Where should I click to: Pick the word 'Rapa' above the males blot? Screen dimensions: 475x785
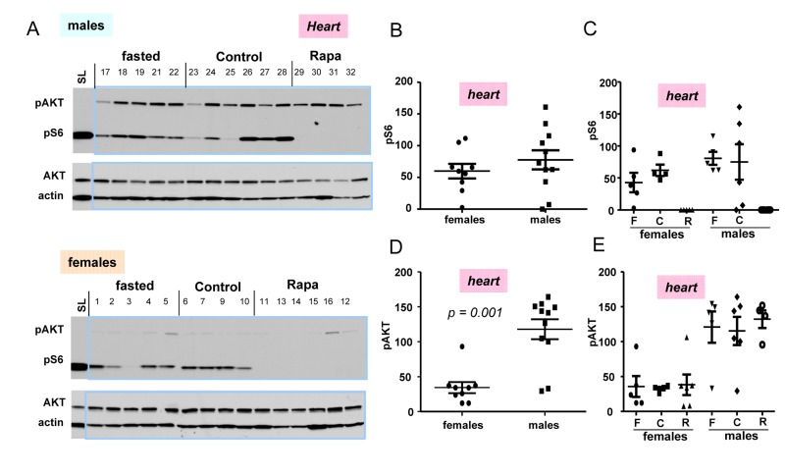pos(327,54)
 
